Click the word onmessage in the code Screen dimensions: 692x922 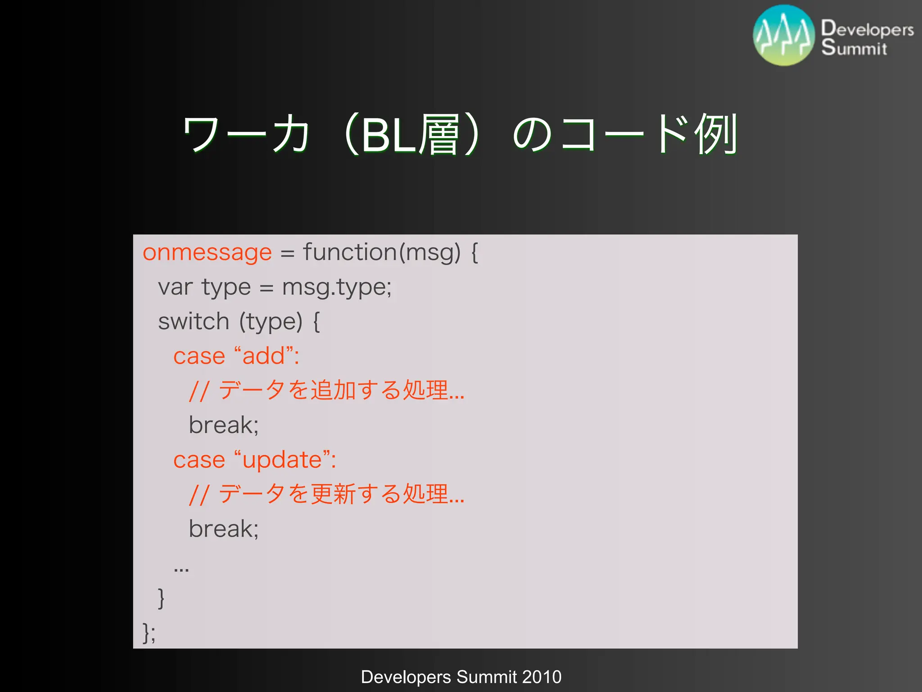207,252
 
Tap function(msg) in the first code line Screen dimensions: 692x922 382,252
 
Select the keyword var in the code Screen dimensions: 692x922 176,287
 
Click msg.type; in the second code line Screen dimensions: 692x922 337,287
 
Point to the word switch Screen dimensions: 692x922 194,322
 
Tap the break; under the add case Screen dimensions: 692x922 223,425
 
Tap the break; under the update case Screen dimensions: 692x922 223,529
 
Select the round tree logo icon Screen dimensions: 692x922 784,35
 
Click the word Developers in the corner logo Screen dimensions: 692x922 867,29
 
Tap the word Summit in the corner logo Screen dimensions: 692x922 854,48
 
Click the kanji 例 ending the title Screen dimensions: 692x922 716,134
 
